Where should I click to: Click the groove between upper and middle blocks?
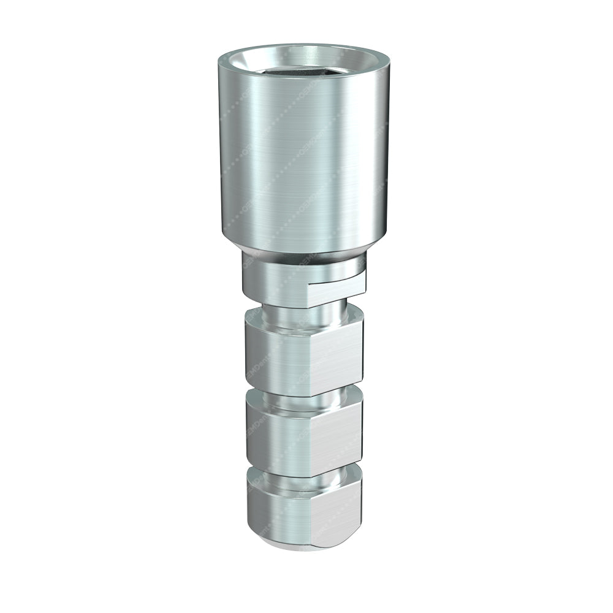[300, 398]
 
